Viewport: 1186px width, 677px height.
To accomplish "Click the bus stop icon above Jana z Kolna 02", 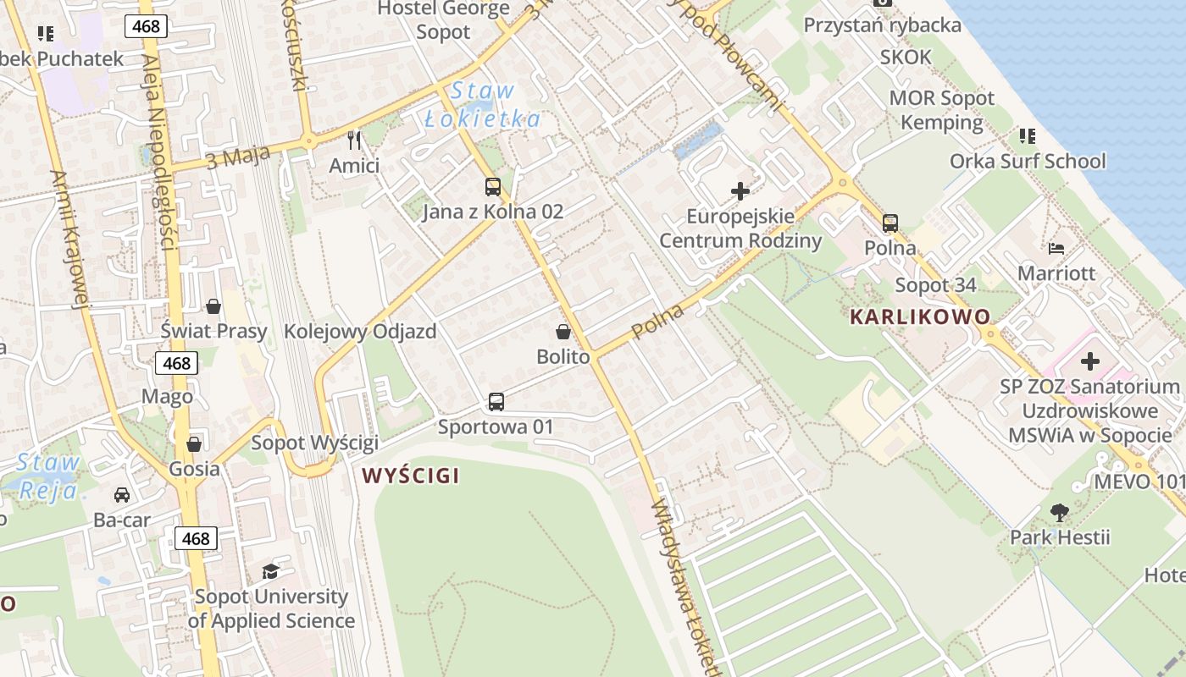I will pyautogui.click(x=492, y=187).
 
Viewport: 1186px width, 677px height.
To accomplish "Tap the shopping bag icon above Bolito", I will pyautogui.click(x=563, y=332).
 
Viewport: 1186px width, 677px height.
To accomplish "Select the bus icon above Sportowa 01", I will pyautogui.click(x=496, y=402).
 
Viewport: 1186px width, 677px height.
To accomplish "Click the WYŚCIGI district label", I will pyautogui.click(x=411, y=476).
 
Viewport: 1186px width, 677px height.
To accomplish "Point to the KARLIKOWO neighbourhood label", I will pyautogui.click(x=920, y=317).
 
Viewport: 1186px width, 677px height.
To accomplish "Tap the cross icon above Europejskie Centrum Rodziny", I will pyautogui.click(x=740, y=191).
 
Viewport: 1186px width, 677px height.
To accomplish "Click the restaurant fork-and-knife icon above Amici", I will pyautogui.click(x=354, y=140).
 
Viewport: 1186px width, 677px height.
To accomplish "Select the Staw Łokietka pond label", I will pyautogui.click(x=482, y=105).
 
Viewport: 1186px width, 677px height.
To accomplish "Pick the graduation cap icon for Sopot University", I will pyautogui.click(x=270, y=572).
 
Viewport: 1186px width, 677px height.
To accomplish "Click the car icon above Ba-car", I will pyautogui.click(x=122, y=495).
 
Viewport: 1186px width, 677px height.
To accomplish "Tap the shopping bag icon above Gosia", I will pyautogui.click(x=194, y=444).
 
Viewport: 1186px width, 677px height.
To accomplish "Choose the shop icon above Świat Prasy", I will pyautogui.click(x=213, y=305).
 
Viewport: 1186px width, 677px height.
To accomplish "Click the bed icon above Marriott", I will pyautogui.click(x=1056, y=248).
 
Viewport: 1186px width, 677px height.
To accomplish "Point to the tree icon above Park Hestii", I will pyautogui.click(x=1059, y=512).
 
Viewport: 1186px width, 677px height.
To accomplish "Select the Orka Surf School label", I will pyautogui.click(x=1028, y=161).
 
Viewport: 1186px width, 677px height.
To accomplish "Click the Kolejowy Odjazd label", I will pyautogui.click(x=360, y=331).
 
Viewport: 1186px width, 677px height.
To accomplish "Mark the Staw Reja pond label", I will pyautogui.click(x=48, y=476).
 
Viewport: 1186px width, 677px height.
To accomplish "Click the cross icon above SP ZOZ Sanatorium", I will pyautogui.click(x=1090, y=362).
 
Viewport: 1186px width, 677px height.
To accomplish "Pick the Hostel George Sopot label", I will pyautogui.click(x=443, y=20).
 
